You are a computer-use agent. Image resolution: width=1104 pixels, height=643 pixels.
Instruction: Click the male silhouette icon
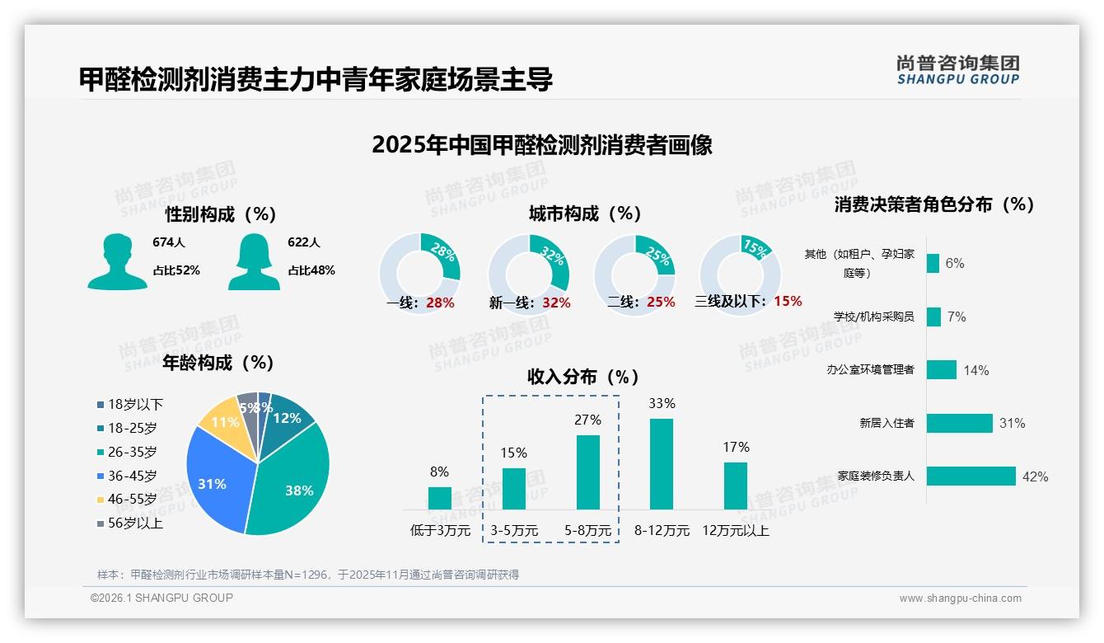click(x=117, y=261)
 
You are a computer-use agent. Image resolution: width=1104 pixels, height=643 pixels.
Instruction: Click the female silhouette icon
click(x=254, y=261)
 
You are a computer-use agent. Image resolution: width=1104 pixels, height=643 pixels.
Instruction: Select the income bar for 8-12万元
click(x=662, y=464)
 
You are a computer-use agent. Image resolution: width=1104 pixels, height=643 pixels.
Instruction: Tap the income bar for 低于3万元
click(x=439, y=498)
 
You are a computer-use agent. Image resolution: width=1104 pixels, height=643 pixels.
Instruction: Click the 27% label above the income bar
click(x=587, y=420)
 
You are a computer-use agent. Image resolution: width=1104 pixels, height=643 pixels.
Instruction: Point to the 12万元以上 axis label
click(x=736, y=531)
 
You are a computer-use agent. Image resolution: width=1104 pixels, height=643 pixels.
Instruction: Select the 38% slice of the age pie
click(x=292, y=482)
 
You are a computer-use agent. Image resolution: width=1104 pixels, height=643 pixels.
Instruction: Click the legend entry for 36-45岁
click(x=131, y=476)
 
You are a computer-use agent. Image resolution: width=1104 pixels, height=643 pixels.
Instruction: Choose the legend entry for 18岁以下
click(x=131, y=404)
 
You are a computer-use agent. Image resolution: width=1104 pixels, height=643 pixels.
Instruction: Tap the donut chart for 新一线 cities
click(x=529, y=275)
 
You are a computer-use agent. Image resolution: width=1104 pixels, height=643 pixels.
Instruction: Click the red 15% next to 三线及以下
click(x=788, y=302)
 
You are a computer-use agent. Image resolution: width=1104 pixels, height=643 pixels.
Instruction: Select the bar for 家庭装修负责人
click(x=971, y=476)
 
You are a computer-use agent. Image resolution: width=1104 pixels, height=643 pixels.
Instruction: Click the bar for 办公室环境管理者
click(x=942, y=369)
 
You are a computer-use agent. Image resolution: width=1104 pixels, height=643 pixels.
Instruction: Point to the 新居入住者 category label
click(x=886, y=423)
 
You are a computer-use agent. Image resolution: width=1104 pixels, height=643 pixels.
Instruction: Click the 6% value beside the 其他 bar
click(x=955, y=264)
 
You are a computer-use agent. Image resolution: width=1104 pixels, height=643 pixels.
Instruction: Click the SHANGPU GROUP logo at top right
click(x=957, y=70)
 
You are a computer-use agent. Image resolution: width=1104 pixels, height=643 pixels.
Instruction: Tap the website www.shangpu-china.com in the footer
click(x=960, y=598)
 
